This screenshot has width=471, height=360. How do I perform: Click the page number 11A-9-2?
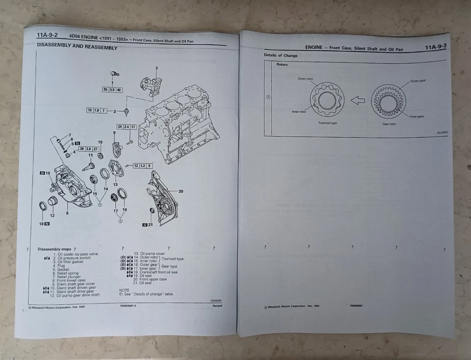click(x=47, y=35)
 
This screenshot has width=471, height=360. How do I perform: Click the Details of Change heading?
click(x=281, y=55)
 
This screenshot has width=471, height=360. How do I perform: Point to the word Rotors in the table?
click(x=282, y=65)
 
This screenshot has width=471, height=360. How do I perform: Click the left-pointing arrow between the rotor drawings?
click(x=358, y=100)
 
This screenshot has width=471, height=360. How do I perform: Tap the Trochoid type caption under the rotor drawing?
click(x=327, y=123)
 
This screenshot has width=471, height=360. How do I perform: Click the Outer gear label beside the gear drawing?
click(x=418, y=81)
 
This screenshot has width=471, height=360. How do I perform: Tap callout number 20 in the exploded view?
click(x=181, y=192)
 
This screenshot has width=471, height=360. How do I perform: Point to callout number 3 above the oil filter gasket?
click(x=157, y=67)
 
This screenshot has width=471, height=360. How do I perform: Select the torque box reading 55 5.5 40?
click(x=112, y=90)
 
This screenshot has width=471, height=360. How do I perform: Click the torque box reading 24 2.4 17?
click(x=126, y=127)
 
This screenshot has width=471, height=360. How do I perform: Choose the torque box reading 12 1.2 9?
click(x=142, y=166)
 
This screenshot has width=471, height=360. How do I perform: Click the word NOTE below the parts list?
click(x=124, y=290)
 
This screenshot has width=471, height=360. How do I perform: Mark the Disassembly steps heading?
click(x=54, y=249)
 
